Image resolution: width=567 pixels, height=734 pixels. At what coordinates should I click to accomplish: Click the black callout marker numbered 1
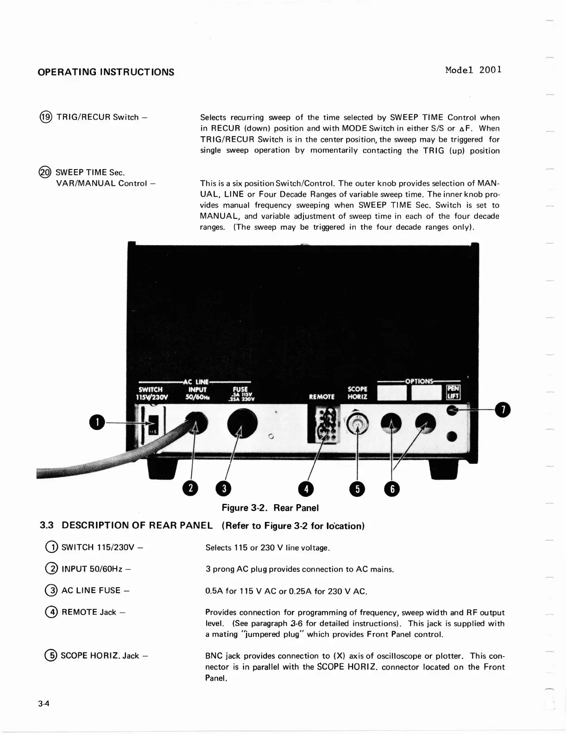click(97, 422)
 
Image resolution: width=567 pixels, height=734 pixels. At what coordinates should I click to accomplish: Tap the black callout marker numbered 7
click(502, 410)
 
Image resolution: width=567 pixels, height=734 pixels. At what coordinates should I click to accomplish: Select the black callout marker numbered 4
click(306, 489)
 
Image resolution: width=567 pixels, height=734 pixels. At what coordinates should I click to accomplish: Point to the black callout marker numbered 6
click(392, 489)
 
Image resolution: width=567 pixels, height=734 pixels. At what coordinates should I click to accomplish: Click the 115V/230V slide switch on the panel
click(151, 424)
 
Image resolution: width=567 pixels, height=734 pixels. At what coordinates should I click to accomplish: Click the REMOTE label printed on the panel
click(321, 397)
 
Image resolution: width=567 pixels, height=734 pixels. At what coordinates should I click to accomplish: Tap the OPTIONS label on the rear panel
click(420, 381)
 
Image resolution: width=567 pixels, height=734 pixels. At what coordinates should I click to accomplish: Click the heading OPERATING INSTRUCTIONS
click(106, 72)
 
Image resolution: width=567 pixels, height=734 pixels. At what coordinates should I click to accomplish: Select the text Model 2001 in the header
click(473, 70)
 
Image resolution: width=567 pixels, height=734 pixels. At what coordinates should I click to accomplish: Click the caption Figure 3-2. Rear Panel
click(270, 508)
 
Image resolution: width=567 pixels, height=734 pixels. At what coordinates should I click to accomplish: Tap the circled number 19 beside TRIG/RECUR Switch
click(46, 117)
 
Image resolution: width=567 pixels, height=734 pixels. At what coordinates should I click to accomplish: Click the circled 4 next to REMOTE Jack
click(53, 612)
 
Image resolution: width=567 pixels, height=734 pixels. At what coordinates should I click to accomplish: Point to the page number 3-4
click(44, 704)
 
